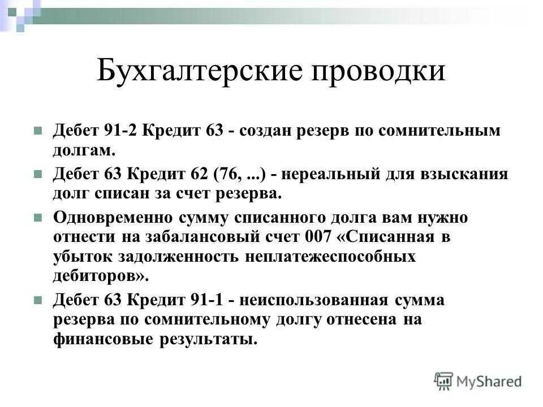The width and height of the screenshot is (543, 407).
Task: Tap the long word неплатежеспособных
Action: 330,256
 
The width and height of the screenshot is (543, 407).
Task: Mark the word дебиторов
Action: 100,276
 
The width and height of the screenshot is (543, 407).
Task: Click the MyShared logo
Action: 477,381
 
